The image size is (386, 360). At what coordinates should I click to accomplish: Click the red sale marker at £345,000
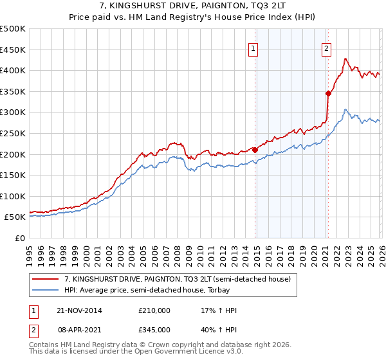pyautogui.click(x=328, y=93)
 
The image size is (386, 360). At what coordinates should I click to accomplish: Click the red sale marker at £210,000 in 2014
pyautogui.click(x=255, y=150)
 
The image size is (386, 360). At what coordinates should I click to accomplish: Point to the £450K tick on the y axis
pyautogui.click(x=13, y=50)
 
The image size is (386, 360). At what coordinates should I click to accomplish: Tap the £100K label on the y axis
pyautogui.click(x=13, y=196)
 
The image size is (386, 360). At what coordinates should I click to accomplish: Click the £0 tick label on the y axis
pyautogui.click(x=20, y=239)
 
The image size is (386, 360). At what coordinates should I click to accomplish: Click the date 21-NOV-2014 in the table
pyautogui.click(x=79, y=310)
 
